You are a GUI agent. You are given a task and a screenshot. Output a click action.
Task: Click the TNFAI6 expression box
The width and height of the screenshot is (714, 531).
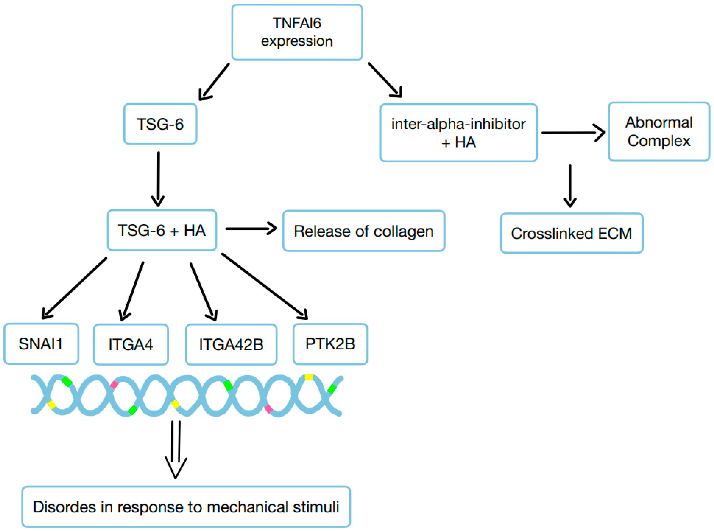[x=297, y=32]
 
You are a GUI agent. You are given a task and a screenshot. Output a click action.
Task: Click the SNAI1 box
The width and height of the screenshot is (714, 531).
[x=41, y=344]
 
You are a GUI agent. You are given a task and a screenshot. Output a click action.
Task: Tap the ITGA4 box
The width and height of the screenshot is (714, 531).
[x=131, y=345]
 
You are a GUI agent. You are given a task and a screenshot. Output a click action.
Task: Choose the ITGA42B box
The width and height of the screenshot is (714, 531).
[x=231, y=345]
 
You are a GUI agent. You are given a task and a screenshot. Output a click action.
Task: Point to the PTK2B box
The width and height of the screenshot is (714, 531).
[x=330, y=344]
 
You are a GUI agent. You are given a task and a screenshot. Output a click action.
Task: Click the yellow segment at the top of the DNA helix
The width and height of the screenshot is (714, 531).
[x=309, y=377]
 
